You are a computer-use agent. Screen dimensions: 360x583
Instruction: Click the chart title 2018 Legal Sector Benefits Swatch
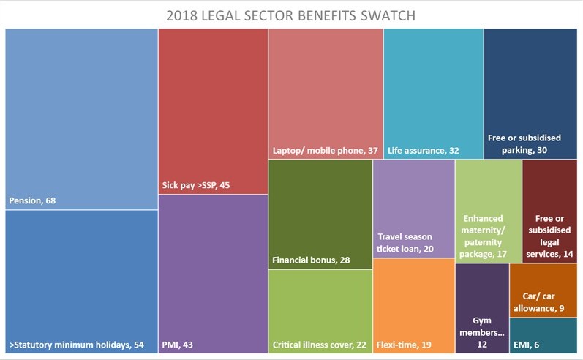pos(291,15)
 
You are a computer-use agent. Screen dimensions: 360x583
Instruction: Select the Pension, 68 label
pos(34,199)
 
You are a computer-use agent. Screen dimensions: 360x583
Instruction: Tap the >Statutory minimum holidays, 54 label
pos(76,344)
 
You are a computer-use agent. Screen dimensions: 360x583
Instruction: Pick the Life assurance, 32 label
pos(423,150)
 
